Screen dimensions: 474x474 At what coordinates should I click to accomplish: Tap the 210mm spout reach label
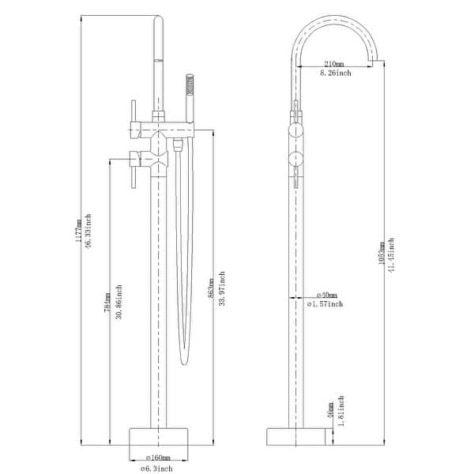click(334, 64)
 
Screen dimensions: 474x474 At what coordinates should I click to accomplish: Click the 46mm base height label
click(329, 410)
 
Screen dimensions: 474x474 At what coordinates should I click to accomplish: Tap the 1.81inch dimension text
click(340, 410)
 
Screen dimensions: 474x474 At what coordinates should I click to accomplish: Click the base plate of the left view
click(160, 436)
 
